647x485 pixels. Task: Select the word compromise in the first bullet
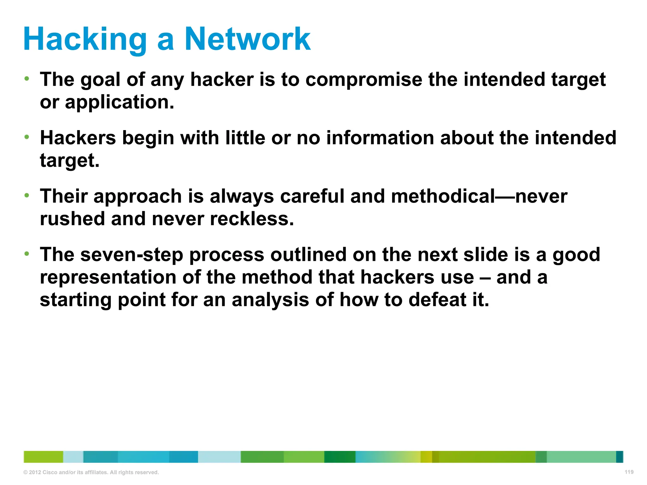[364, 79]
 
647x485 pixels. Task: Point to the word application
[119, 102]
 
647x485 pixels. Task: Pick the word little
[245, 138]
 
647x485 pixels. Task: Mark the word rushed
[72, 219]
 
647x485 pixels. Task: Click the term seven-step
[132, 254]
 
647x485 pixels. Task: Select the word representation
[108, 277]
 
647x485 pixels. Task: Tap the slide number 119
[629, 472]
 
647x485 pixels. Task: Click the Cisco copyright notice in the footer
[91, 472]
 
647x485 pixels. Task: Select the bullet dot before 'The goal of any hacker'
[27, 78]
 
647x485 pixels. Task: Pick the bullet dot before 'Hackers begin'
[27, 137]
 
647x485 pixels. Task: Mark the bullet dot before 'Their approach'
[27, 195]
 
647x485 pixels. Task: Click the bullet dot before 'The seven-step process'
[27, 253]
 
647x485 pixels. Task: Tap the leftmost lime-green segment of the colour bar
[43, 457]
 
